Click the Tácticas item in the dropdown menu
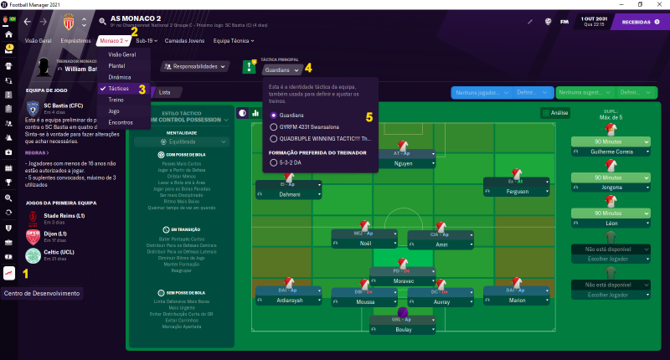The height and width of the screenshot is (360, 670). pyautogui.click(x=118, y=88)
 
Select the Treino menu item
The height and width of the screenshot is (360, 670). pyautogui.click(x=117, y=99)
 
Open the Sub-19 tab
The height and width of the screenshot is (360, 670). pyautogui.click(x=147, y=40)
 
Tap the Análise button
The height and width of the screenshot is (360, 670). pyautogui.click(x=558, y=112)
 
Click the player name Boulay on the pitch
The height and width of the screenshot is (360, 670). pyautogui.click(x=405, y=330)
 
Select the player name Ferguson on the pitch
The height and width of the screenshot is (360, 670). pyautogui.click(x=518, y=192)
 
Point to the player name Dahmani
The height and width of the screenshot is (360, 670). pyautogui.click(x=288, y=194)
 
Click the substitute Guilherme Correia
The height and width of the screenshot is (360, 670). pyautogui.click(x=610, y=152)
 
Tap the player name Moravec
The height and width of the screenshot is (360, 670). pyautogui.click(x=405, y=281)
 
